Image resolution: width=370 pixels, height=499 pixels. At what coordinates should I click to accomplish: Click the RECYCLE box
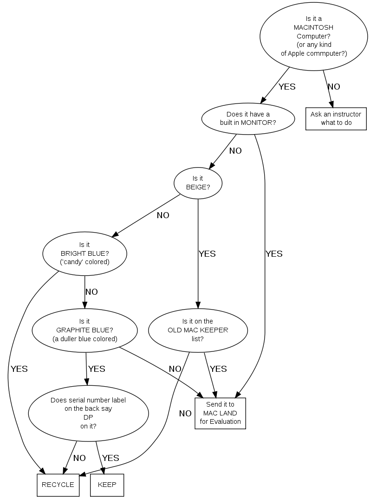pyautogui.click(x=58, y=485)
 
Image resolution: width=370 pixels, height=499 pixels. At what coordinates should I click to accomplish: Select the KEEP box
pyautogui.click(x=107, y=485)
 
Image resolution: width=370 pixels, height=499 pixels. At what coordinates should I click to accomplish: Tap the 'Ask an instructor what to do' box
pyautogui.click(x=336, y=118)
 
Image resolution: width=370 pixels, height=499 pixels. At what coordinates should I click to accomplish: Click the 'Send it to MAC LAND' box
pyautogui.click(x=220, y=413)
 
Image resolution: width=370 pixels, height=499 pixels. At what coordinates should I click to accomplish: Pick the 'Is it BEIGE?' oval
pyautogui.click(x=198, y=183)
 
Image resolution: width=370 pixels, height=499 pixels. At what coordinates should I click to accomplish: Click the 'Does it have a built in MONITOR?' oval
pyautogui.click(x=248, y=118)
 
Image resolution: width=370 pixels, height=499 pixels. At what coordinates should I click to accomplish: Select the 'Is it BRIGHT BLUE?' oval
pyautogui.click(x=84, y=253)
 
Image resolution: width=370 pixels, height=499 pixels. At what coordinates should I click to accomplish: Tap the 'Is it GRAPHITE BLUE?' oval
pyautogui.click(x=84, y=330)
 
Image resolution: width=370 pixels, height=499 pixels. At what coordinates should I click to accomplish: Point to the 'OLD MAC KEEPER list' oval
pyautogui.click(x=198, y=330)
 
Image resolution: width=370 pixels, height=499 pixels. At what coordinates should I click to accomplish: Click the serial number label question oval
pyautogui.click(x=88, y=413)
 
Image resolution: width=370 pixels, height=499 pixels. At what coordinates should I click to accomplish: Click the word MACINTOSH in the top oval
pyautogui.click(x=313, y=27)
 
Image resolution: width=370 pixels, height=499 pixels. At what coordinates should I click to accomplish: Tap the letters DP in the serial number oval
pyautogui.click(x=88, y=417)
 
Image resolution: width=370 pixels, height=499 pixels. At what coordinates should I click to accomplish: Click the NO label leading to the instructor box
pyautogui.click(x=334, y=87)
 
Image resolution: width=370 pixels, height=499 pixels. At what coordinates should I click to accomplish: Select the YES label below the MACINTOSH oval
pyautogui.click(x=287, y=87)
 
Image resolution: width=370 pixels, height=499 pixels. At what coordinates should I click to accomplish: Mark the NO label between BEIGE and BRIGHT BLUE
pyautogui.click(x=163, y=215)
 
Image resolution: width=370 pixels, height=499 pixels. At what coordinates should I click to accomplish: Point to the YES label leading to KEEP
pyautogui.click(x=110, y=458)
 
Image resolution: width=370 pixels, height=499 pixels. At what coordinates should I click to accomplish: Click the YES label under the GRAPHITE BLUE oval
pyautogui.click(x=97, y=369)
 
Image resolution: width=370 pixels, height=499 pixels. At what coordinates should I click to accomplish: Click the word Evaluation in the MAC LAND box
pyautogui.click(x=221, y=421)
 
